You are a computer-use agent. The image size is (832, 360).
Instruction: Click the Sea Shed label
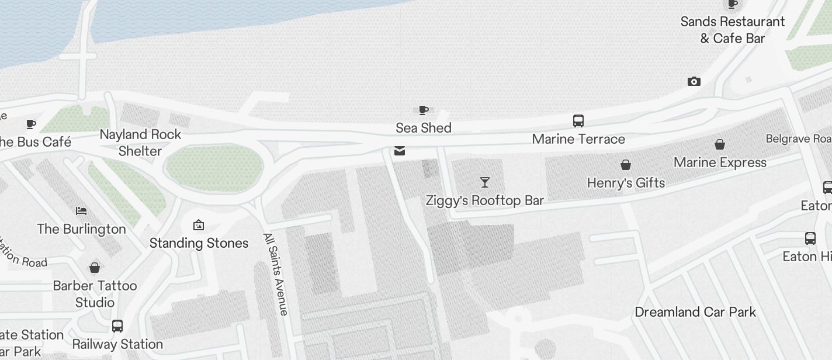click(x=423, y=128)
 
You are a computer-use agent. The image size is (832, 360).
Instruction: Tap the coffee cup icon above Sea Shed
click(x=424, y=110)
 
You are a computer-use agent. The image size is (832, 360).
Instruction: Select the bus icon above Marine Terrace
click(x=578, y=121)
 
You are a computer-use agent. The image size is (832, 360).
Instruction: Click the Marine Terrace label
click(x=578, y=139)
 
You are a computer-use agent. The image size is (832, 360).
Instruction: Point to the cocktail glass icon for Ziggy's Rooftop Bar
click(x=484, y=182)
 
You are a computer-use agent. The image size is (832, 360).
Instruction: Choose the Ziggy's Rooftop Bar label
click(x=484, y=201)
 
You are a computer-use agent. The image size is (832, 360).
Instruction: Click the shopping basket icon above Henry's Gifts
click(x=626, y=165)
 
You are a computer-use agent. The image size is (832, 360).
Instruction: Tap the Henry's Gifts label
click(x=626, y=183)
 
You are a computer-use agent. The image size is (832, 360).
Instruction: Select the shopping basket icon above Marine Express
click(x=720, y=144)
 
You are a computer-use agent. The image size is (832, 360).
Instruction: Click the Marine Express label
click(x=720, y=162)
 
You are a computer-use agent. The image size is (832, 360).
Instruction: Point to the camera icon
click(x=694, y=82)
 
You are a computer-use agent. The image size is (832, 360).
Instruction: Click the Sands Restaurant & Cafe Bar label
click(x=732, y=30)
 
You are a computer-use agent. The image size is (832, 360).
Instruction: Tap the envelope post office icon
click(x=400, y=151)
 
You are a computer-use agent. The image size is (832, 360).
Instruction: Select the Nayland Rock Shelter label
click(x=140, y=143)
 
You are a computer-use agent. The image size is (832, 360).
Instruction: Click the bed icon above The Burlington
click(x=81, y=210)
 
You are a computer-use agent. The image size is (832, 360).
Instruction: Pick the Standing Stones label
click(x=199, y=243)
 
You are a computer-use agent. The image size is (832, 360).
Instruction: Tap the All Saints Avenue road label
click(x=276, y=274)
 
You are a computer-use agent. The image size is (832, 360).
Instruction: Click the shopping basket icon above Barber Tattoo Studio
click(x=95, y=268)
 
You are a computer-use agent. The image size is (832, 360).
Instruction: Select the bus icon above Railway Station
click(x=117, y=326)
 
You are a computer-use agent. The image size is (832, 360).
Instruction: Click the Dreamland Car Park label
click(x=695, y=312)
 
